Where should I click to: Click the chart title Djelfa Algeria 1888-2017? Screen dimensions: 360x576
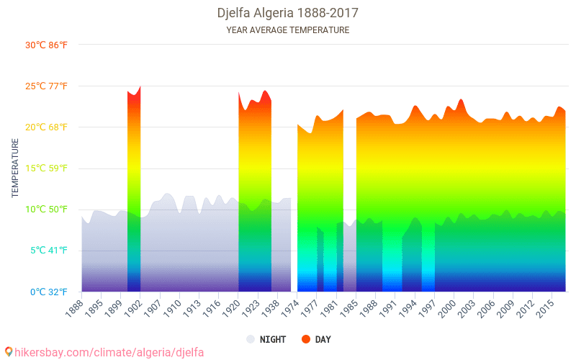(x=287, y=13)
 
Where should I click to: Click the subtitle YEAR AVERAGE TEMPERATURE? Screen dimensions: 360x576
(x=287, y=30)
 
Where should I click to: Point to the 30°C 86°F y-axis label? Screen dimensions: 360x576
(x=47, y=45)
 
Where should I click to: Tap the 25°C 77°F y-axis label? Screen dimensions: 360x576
(x=47, y=86)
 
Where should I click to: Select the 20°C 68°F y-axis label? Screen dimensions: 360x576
(x=47, y=127)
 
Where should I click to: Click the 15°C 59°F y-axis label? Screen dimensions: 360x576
(x=47, y=168)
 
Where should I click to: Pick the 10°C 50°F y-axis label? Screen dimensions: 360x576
(x=47, y=210)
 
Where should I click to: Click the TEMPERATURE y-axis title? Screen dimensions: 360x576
(x=15, y=168)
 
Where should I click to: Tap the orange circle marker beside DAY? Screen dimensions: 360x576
(x=305, y=339)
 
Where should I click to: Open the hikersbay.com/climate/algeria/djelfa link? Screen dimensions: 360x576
(x=104, y=352)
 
